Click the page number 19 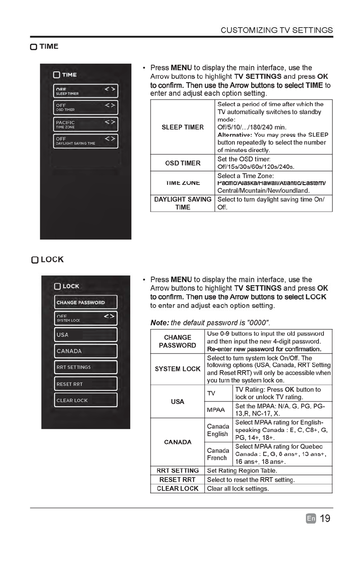coord(325,519)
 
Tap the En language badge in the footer coord(311,519)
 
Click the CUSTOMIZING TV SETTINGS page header coord(277,30)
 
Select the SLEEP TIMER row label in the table coord(183,128)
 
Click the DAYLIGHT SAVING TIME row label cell coord(183,203)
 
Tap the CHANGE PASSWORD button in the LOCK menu coord(85,303)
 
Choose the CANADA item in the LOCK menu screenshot coord(85,351)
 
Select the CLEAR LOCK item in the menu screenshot coord(85,400)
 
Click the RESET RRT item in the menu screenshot coord(85,384)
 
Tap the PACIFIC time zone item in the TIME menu coord(85,124)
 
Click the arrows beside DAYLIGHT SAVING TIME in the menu coord(110,139)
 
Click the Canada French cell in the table coord(218,454)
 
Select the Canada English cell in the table coord(218,430)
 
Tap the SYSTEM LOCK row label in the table coord(177,369)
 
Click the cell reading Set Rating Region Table coord(268,471)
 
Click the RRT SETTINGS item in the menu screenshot coord(85,367)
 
